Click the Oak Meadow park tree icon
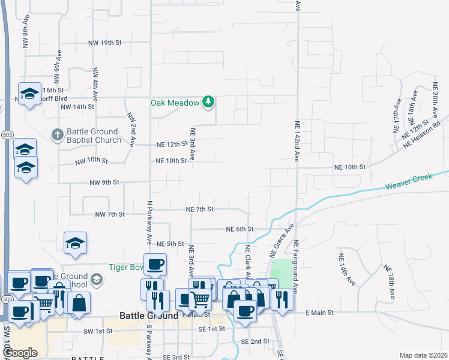click(208, 102)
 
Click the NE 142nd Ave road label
click(297, 142)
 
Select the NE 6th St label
click(240, 229)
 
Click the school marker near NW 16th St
click(29, 93)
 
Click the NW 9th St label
click(104, 182)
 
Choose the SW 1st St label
click(98, 331)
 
